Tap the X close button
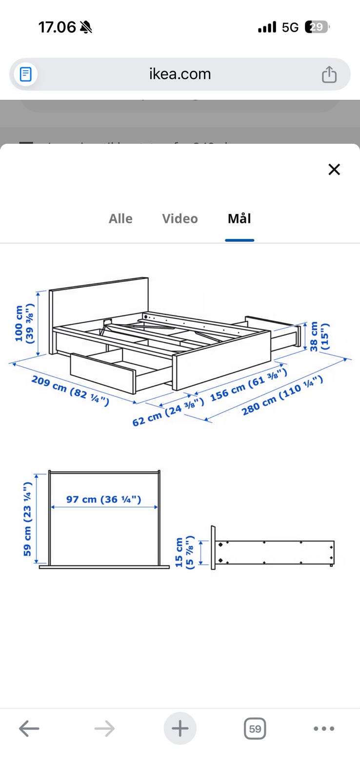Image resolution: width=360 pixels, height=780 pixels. click(334, 170)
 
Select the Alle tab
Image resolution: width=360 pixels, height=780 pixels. click(120, 218)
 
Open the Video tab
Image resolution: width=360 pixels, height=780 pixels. click(180, 218)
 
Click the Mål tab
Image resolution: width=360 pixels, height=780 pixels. click(240, 218)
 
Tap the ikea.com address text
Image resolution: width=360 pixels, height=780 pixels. click(180, 74)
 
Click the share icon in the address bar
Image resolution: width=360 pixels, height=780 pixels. click(329, 75)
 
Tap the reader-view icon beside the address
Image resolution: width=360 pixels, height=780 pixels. click(25, 75)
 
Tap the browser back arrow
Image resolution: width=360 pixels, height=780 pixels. click(29, 729)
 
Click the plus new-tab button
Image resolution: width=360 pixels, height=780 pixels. click(180, 729)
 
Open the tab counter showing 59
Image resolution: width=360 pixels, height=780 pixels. click(255, 729)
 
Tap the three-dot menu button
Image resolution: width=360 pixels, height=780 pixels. click(324, 729)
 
